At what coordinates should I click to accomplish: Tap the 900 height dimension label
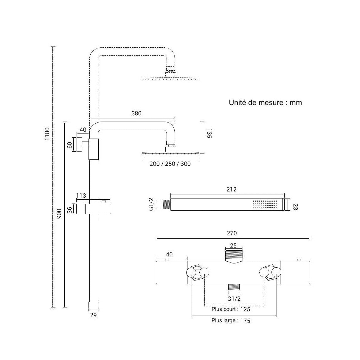tap(59, 214)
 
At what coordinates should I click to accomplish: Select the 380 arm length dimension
tap(136, 114)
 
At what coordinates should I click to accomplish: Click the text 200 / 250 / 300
tap(170, 164)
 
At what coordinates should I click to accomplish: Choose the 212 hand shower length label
tap(231, 190)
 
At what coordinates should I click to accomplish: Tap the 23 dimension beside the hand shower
tap(296, 207)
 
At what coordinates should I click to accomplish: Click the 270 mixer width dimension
tap(232, 233)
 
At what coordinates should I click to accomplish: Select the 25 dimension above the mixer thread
tap(233, 246)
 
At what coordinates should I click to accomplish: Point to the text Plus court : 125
tap(231, 309)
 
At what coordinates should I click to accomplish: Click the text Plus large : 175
tap(231, 321)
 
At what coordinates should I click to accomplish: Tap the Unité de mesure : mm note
tap(265, 103)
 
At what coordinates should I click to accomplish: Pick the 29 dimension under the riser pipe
tap(93, 315)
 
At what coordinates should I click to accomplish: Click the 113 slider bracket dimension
tap(81, 195)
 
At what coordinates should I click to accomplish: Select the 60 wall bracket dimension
tap(70, 145)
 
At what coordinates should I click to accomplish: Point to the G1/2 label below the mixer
tap(234, 299)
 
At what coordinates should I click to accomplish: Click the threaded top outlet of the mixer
tap(234, 255)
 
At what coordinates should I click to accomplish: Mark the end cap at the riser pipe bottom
tap(94, 305)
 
